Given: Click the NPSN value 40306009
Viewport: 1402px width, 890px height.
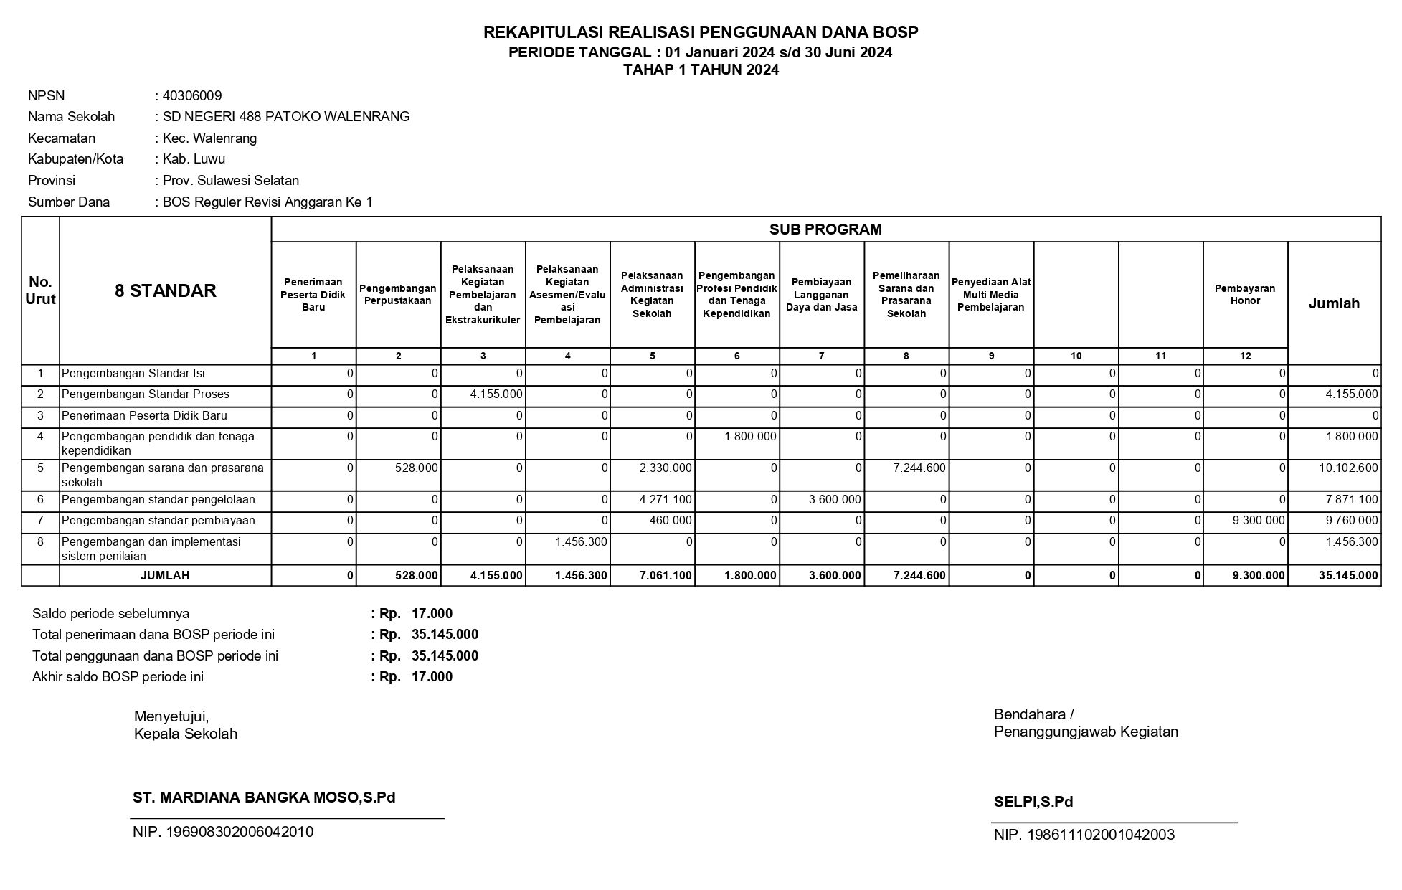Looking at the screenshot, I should point(192,96).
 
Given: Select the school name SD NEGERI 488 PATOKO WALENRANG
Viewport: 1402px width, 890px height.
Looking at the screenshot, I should point(286,117).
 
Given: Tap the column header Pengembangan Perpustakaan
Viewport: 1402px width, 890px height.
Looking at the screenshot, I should point(398,295).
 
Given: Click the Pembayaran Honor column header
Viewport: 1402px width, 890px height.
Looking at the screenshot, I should point(1245,295).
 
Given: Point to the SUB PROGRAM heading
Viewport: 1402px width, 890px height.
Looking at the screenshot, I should point(825,229).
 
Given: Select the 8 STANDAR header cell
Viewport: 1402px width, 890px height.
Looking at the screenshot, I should point(165,290).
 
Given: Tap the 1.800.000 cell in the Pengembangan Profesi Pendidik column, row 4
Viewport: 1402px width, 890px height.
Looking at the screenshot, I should point(750,437).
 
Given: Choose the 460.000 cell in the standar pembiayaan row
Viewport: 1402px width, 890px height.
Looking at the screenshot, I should point(671,521).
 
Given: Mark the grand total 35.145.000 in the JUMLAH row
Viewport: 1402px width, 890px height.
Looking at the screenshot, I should point(1348,576).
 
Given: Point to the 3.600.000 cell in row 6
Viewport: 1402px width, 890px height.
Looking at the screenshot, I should point(835,500).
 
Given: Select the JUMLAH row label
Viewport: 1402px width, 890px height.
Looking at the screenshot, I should point(165,576).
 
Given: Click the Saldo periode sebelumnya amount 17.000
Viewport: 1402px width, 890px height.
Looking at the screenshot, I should point(432,614).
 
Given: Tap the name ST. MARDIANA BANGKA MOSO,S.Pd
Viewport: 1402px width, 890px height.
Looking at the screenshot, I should point(264,797).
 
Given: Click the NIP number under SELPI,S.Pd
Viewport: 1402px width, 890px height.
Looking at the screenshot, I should point(1084,835).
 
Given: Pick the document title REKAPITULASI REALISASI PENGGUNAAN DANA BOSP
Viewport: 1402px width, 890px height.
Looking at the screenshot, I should point(701,32).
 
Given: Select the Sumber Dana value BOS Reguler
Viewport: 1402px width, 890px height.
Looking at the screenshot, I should point(267,202).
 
